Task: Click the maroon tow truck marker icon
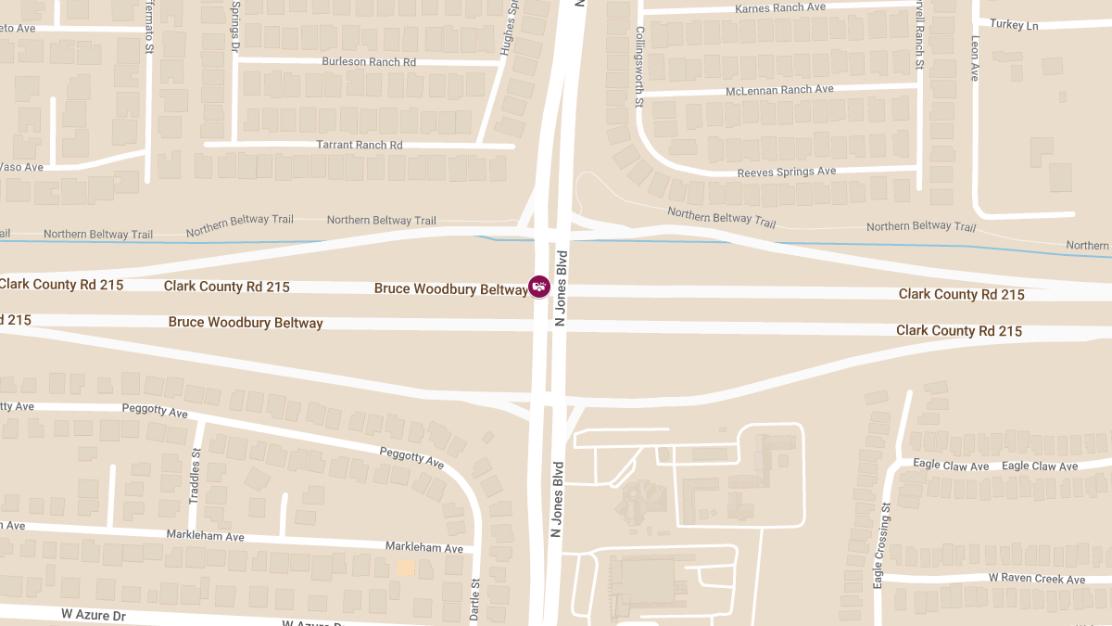(539, 287)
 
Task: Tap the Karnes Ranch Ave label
(779, 7)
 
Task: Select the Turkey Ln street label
(1014, 25)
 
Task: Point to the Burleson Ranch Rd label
(369, 62)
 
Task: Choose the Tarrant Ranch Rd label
(360, 146)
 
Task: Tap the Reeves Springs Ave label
(787, 172)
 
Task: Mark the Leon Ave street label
(975, 58)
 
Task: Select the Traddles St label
(195, 476)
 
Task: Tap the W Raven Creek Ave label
(1036, 580)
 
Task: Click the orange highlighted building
(405, 568)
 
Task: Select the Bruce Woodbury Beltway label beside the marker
(450, 289)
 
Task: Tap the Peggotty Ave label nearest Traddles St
(155, 410)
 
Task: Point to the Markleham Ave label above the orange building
(425, 548)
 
